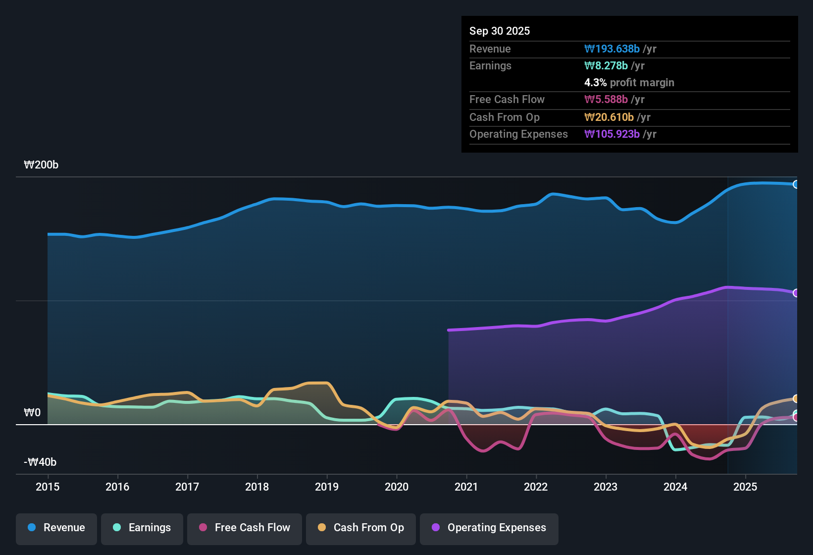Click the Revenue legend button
click(x=56, y=528)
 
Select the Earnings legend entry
click(x=142, y=528)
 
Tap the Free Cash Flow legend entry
click(x=245, y=528)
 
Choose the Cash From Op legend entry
click(x=361, y=528)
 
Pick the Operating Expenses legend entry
click(x=489, y=528)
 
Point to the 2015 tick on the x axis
click(x=48, y=487)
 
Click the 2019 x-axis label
click(x=327, y=487)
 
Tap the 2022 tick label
click(x=536, y=487)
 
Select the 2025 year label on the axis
click(x=745, y=487)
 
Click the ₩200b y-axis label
click(x=41, y=165)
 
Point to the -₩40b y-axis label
click(x=40, y=462)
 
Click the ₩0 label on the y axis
click(x=32, y=413)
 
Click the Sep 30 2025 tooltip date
click(x=500, y=31)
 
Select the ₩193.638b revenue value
click(x=612, y=49)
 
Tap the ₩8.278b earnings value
click(x=606, y=66)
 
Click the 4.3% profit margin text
click(x=629, y=83)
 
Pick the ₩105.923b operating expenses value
click(x=612, y=134)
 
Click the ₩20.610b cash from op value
click(x=609, y=117)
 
